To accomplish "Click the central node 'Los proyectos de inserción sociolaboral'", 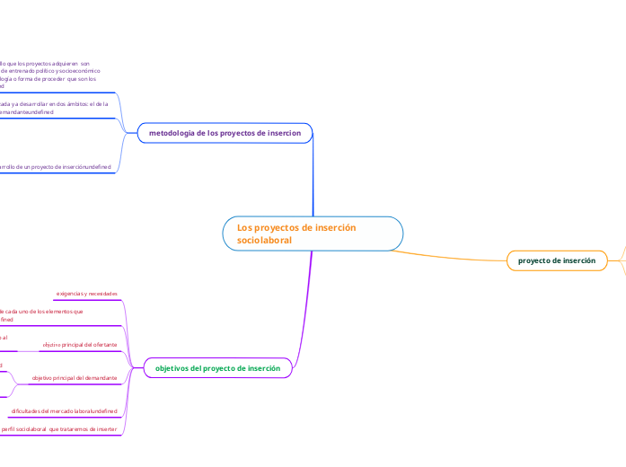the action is click(313, 233).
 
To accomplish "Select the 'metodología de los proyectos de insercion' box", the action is click(225, 133).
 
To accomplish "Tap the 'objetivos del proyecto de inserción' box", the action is click(217, 368).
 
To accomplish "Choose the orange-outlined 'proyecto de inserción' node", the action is click(557, 260).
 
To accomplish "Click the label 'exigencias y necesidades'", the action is click(86, 294).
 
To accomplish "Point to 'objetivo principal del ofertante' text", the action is click(79, 345).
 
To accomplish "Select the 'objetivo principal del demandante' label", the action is click(75, 378).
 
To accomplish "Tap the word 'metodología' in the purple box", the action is click(171, 133).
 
